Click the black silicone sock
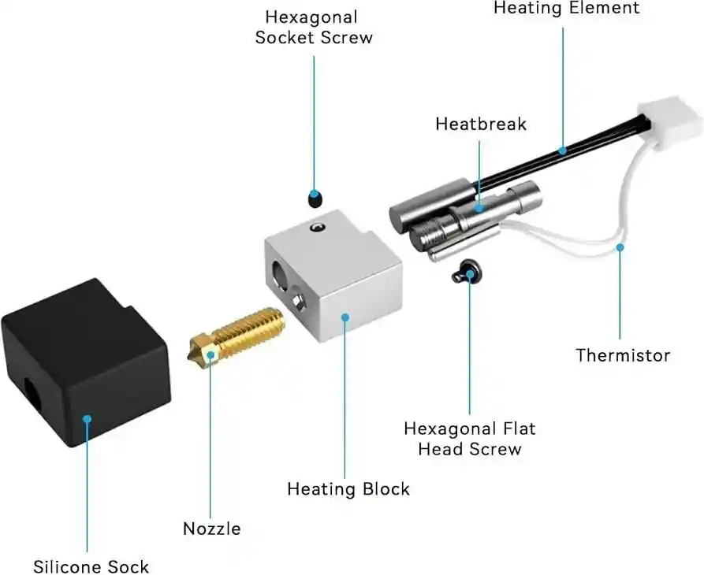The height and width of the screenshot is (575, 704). pyautogui.click(x=87, y=362)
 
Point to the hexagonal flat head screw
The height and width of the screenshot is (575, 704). pyautogui.click(x=465, y=273)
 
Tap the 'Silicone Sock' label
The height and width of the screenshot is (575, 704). pyautogui.click(x=91, y=566)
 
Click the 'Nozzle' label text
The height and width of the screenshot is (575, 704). pyautogui.click(x=211, y=528)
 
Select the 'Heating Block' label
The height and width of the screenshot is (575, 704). pyautogui.click(x=348, y=488)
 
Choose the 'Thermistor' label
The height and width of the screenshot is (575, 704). pyautogui.click(x=623, y=354)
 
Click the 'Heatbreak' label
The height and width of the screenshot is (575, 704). pyautogui.click(x=481, y=124)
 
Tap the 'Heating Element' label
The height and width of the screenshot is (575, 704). pyautogui.click(x=567, y=8)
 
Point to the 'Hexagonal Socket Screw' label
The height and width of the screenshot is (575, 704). pyautogui.click(x=313, y=27)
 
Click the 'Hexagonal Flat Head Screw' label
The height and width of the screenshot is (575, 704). pyautogui.click(x=469, y=439)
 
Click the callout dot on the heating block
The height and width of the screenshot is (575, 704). pyautogui.click(x=345, y=317)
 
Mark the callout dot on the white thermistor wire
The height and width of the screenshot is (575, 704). pyautogui.click(x=620, y=247)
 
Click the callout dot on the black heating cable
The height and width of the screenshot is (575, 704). pyautogui.click(x=562, y=148)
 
